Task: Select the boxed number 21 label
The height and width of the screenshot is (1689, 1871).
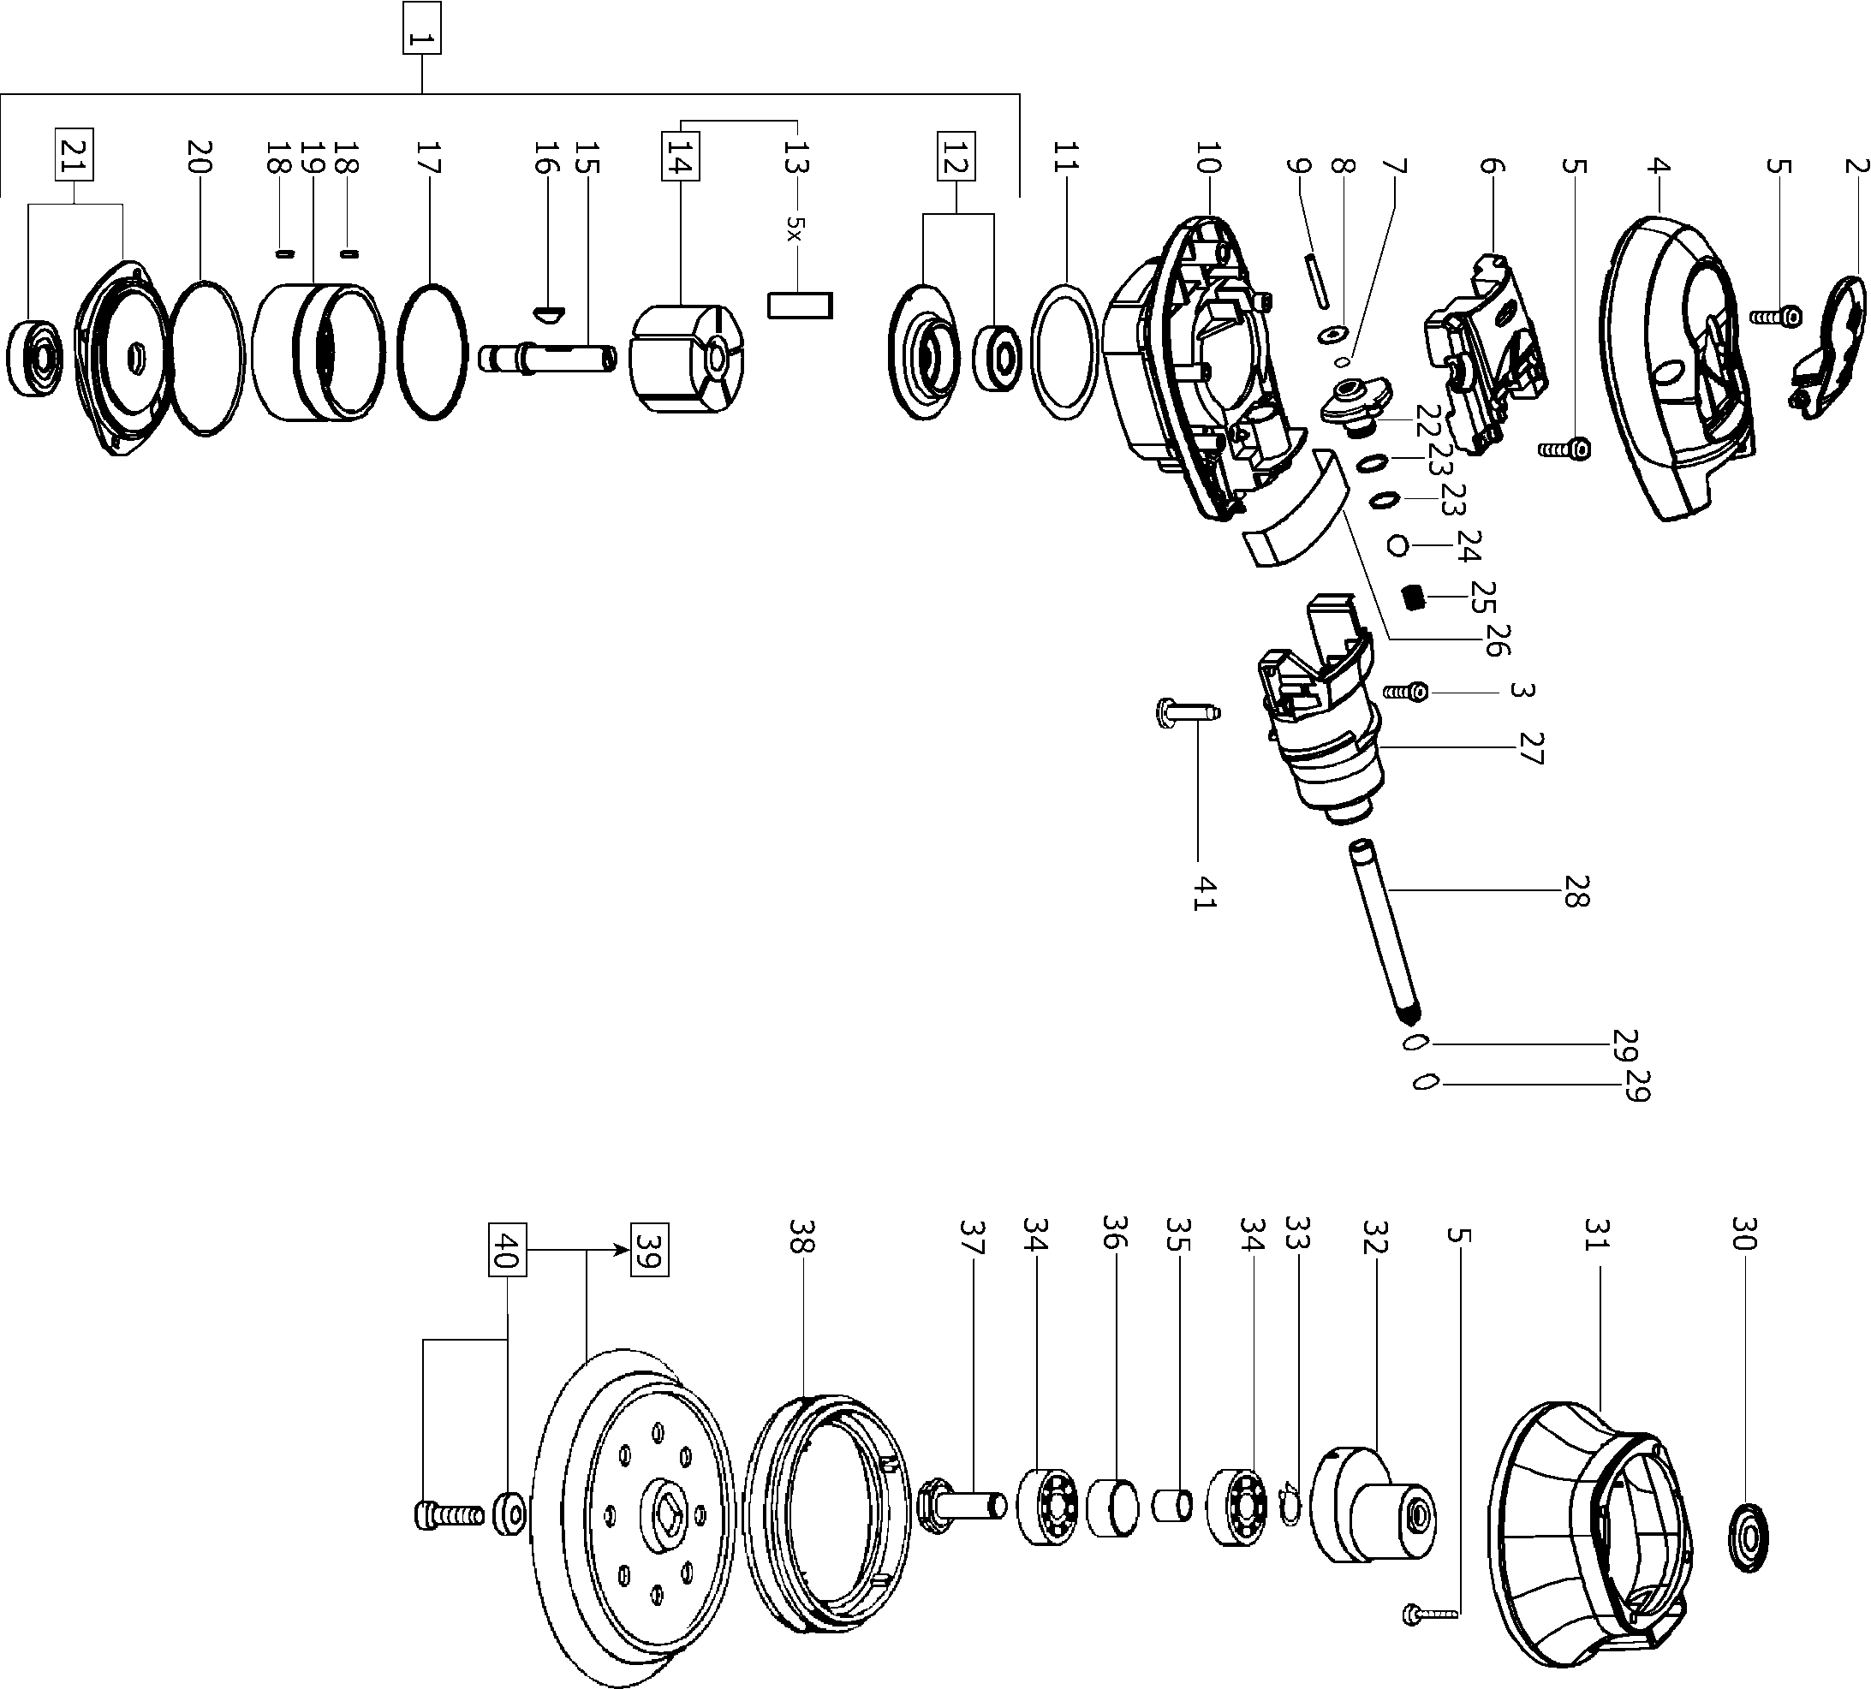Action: tap(77, 156)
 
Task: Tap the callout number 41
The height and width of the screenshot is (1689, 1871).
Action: tap(1203, 893)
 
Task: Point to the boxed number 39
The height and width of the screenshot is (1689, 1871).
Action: tap(649, 1250)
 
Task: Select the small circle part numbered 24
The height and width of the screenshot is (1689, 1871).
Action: tap(1397, 544)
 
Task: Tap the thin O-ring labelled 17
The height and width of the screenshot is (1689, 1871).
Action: tap(432, 352)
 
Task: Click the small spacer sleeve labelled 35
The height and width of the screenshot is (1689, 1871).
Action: tap(1172, 1504)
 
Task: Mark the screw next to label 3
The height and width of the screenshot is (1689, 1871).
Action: tap(1405, 692)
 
